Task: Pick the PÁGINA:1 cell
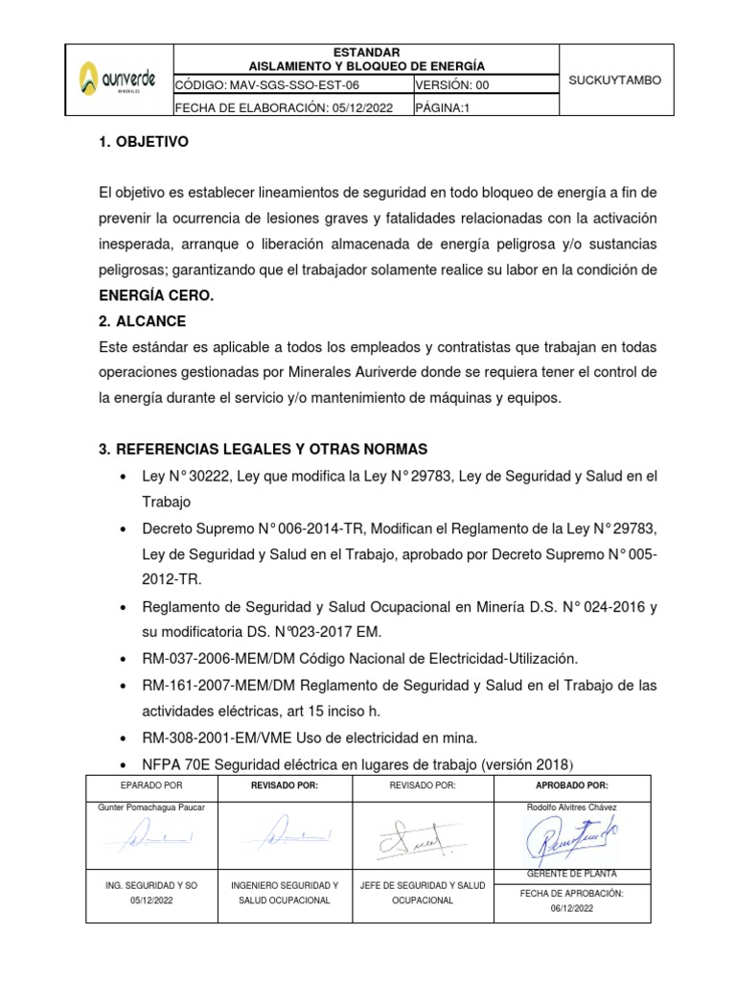(x=442, y=107)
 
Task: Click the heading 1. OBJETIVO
(x=144, y=142)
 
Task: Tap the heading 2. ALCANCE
(x=142, y=320)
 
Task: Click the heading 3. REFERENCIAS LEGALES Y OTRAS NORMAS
(x=257, y=450)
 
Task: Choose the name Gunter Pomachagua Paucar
(x=151, y=807)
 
